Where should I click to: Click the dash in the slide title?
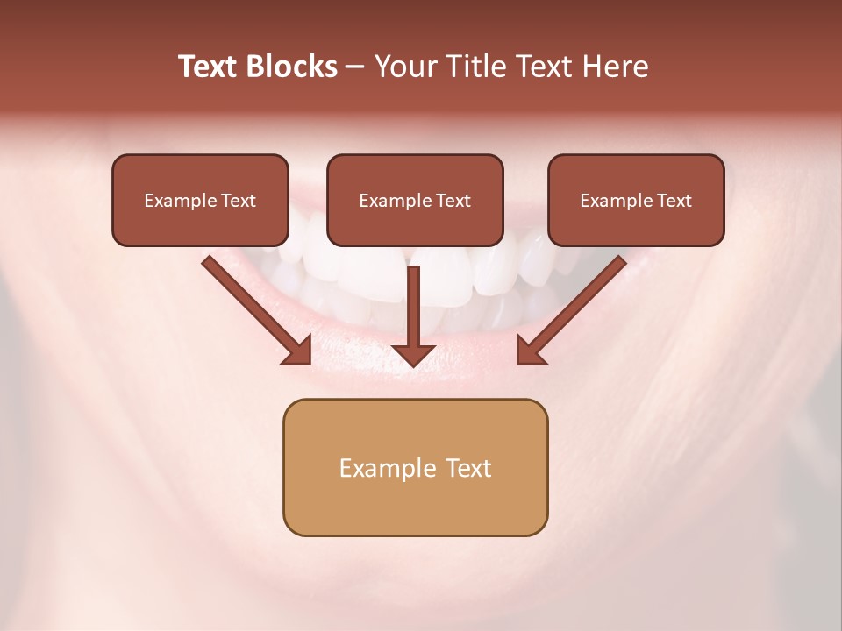click(x=356, y=67)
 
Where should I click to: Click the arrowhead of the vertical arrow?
click(x=414, y=354)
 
